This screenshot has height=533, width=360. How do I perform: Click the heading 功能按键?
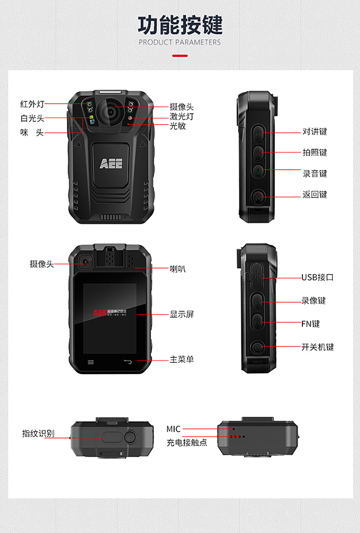[180, 25]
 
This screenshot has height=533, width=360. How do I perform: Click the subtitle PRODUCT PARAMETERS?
[180, 43]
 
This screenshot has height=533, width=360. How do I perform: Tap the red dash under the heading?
[180, 56]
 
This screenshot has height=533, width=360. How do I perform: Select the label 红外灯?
[32, 104]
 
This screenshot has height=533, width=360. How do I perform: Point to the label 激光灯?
[181, 116]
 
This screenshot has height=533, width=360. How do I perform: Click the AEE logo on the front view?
[111, 164]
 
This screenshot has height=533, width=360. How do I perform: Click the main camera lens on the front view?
[110, 111]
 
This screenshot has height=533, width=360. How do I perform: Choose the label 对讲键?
[315, 131]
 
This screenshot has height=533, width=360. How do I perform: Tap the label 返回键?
[315, 194]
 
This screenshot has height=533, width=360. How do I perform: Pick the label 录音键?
[315, 174]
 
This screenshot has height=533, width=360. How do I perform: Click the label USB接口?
[317, 277]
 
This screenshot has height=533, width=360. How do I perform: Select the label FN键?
[311, 324]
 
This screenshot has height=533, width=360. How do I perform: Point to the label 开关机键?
[317, 347]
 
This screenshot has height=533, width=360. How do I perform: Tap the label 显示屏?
[182, 314]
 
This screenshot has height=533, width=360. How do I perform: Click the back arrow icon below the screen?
[128, 362]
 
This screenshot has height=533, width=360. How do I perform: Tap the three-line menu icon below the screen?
[91, 362]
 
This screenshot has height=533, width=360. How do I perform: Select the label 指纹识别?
[38, 433]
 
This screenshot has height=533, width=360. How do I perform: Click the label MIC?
[173, 429]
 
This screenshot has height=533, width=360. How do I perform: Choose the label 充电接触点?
[187, 443]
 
